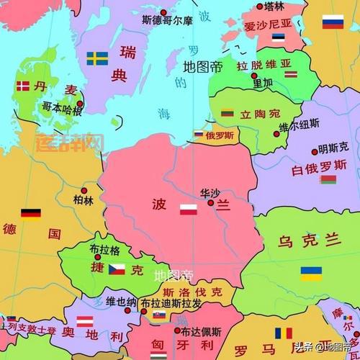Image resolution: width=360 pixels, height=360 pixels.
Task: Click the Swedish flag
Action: coord(97,58)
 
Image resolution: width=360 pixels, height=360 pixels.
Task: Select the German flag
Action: coord(30,214)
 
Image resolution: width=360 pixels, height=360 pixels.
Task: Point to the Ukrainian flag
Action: coord(311,274)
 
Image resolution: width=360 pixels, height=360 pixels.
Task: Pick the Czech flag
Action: coord(117,269)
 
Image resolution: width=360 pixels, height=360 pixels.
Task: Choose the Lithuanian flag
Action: coord(227,113)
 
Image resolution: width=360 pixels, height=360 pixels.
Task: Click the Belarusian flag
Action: coord(328,179)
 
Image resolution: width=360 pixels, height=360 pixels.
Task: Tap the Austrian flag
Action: coord(86,321)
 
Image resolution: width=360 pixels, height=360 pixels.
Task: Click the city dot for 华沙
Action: coord(211,203)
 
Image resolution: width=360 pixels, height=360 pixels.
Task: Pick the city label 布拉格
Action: coord(104,248)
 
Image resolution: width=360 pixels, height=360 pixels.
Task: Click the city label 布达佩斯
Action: coord(201,332)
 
